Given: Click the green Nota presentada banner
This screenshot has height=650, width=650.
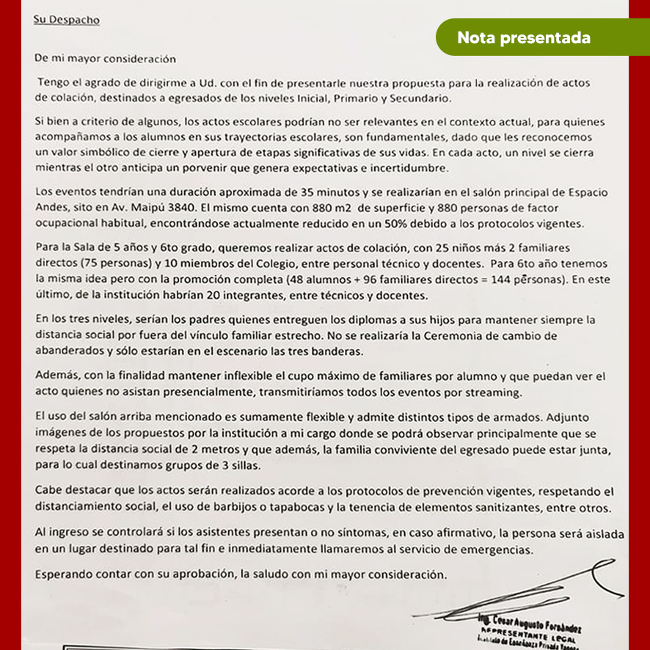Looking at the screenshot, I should coord(523,38).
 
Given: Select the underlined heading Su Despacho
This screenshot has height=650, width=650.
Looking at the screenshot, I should coord(66,20).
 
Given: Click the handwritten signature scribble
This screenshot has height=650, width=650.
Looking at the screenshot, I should coord(528,587).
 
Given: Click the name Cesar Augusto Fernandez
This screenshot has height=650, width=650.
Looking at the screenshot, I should coord(536,625).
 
